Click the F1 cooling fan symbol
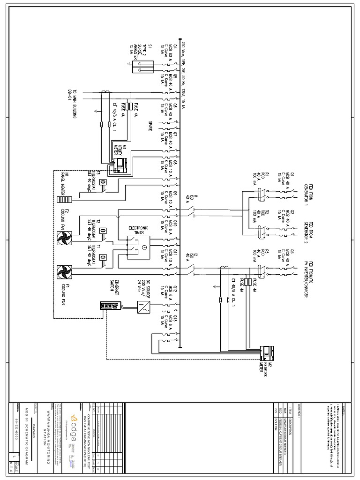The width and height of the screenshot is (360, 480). pyautogui.click(x=63, y=272)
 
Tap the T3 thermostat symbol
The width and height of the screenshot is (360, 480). pyautogui.click(x=103, y=182)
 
